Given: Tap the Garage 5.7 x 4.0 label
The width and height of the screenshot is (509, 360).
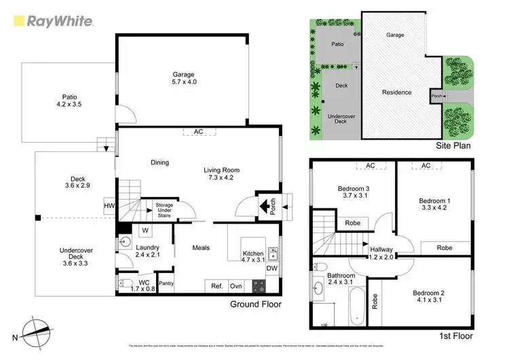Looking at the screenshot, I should pos(183,79).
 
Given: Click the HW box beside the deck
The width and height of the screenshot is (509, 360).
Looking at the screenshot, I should pos(109,206).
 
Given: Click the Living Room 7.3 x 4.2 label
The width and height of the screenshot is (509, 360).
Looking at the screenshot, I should pos(222,175).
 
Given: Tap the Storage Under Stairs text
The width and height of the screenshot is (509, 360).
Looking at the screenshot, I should pos(164,209).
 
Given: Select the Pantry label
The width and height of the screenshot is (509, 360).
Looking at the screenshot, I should pos(166,283).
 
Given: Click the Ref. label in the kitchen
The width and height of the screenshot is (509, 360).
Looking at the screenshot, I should pos(217,285).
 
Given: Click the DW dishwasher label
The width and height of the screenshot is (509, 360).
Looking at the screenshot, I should pos(273,269).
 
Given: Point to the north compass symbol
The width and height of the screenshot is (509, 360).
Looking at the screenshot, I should pos(32,334).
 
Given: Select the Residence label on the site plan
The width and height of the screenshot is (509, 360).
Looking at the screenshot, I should pos(396,92).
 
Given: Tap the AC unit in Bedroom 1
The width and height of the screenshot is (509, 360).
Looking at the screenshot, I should pos(426,166).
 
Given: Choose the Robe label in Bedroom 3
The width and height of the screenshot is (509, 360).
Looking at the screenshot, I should pos(352,222).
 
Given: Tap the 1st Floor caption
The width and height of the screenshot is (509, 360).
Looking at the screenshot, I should pos(454,336).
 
